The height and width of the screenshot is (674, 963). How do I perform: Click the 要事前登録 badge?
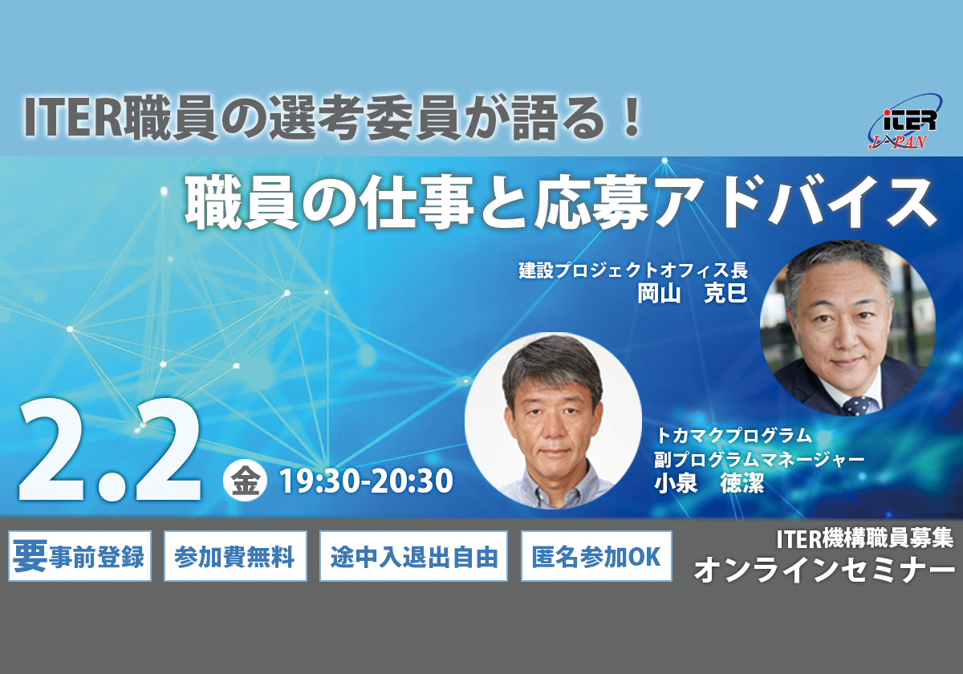click(x=79, y=555)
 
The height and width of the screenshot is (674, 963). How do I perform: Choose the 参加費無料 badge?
click(x=235, y=555)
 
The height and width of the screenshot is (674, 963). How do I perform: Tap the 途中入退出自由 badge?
click(x=413, y=555)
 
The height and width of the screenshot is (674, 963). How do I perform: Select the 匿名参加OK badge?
click(x=596, y=555)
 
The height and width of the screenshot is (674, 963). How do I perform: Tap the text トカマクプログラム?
click(x=734, y=436)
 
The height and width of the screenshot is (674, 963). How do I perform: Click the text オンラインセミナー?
click(x=823, y=570)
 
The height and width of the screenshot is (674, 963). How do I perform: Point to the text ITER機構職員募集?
click(x=864, y=538)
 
